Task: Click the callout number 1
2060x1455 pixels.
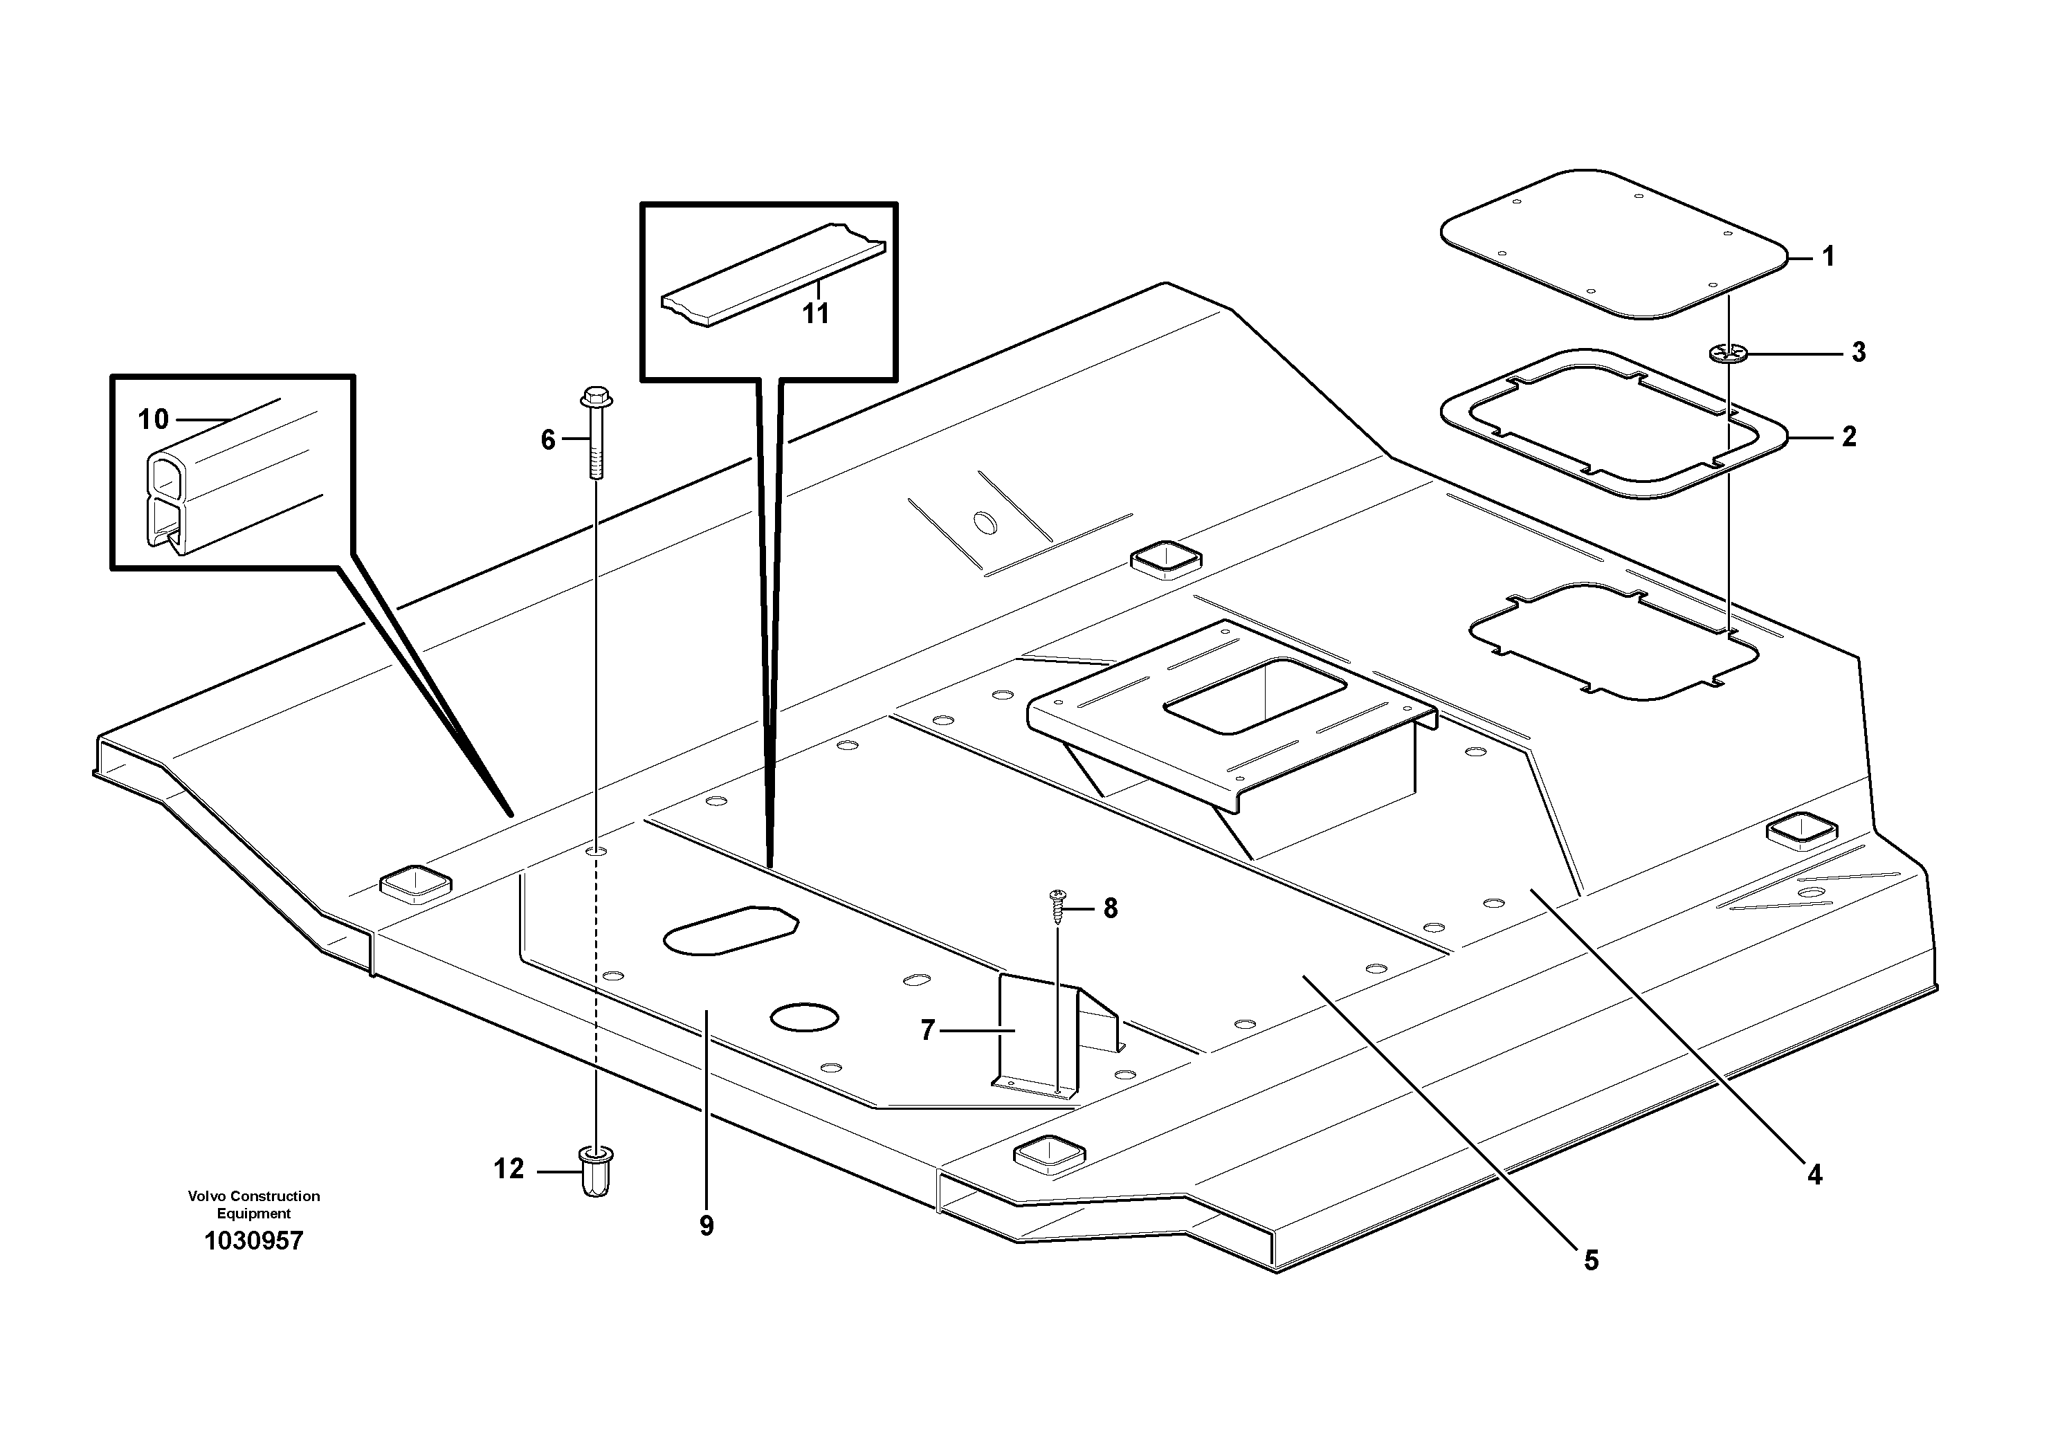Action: (1828, 257)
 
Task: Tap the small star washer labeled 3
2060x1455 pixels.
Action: (1728, 354)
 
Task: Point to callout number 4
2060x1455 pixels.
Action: (1814, 1174)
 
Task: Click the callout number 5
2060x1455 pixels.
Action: (1591, 1261)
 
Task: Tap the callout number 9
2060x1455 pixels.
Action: (707, 1226)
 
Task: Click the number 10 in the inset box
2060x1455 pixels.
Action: (154, 419)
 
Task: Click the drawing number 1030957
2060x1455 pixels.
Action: (254, 1241)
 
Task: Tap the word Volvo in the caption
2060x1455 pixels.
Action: (206, 1196)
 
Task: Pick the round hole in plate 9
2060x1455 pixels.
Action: (805, 1016)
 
